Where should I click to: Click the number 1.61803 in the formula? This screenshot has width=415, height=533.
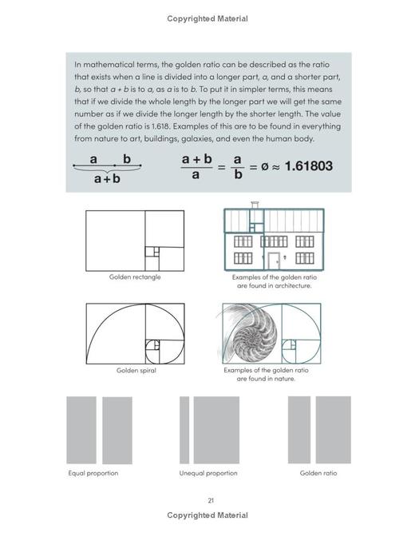(x=303, y=166)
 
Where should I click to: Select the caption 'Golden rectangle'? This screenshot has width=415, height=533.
(x=135, y=277)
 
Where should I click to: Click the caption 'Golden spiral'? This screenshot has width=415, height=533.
(x=136, y=371)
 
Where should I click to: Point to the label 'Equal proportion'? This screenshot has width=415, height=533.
(x=93, y=473)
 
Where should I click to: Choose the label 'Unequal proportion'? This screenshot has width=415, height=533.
(x=207, y=473)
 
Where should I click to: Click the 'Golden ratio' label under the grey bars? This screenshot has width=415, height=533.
(x=318, y=473)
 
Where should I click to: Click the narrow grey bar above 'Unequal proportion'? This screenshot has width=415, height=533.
(x=184, y=430)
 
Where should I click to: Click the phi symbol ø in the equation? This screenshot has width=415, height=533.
(x=255, y=166)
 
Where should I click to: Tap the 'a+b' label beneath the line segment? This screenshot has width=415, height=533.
(x=107, y=179)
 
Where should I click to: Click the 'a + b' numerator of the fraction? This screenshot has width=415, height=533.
(x=196, y=159)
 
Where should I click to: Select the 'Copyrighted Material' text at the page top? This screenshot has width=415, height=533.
(x=207, y=19)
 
